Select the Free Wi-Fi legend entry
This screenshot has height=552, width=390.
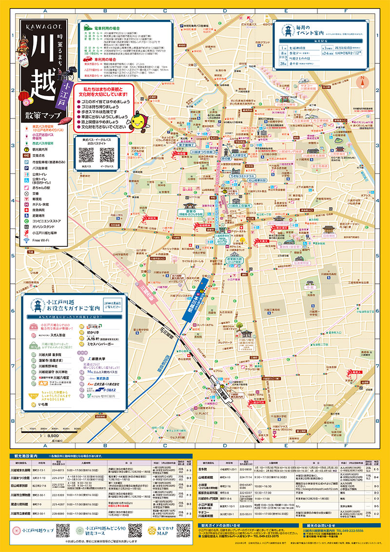pos(41,240)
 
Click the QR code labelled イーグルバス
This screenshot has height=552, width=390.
pos(107,155)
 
